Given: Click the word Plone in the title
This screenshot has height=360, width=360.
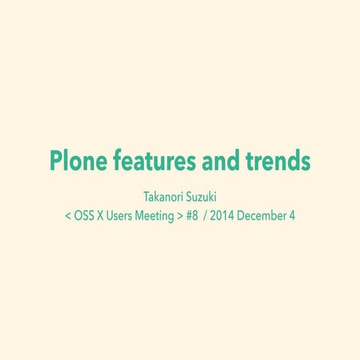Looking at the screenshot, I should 75,160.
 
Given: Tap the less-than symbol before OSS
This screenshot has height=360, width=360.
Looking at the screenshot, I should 68,217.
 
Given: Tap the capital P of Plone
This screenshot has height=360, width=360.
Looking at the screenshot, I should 55,160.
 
